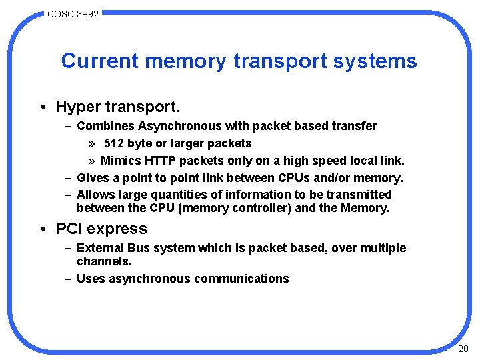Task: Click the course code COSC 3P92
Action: [x=73, y=13]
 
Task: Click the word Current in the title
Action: [x=99, y=61]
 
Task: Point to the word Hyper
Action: [x=77, y=107]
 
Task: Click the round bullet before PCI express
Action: [x=42, y=229]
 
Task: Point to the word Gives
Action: [x=92, y=178]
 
